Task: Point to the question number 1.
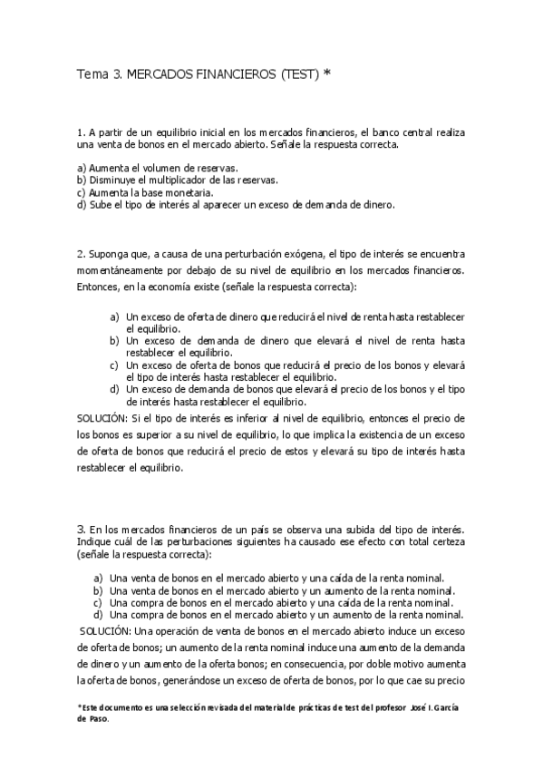pyautogui.click(x=81, y=132)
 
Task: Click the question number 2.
pyautogui.click(x=81, y=254)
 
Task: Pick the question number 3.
pyautogui.click(x=81, y=528)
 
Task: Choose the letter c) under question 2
pyautogui.click(x=114, y=365)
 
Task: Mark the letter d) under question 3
pyautogui.click(x=99, y=614)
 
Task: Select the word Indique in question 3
pyautogui.click(x=96, y=541)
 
